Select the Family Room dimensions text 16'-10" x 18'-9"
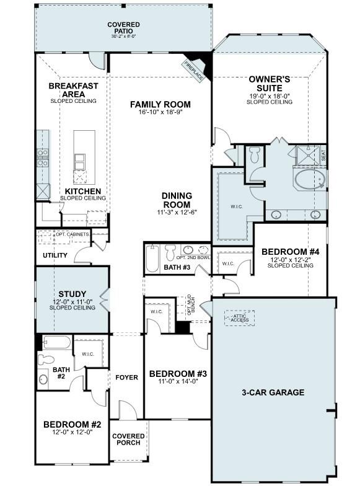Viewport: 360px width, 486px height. click(160, 113)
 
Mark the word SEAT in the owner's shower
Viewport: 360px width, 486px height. click(323, 155)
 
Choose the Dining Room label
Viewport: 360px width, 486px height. click(177, 200)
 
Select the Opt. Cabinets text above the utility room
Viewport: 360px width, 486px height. click(72, 234)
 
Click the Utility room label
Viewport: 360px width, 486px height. click(55, 255)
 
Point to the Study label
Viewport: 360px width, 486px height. click(72, 294)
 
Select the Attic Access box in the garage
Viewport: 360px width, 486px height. click(239, 318)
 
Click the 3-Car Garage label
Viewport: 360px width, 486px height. click(273, 392)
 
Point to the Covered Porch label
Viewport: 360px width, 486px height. click(128, 440)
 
